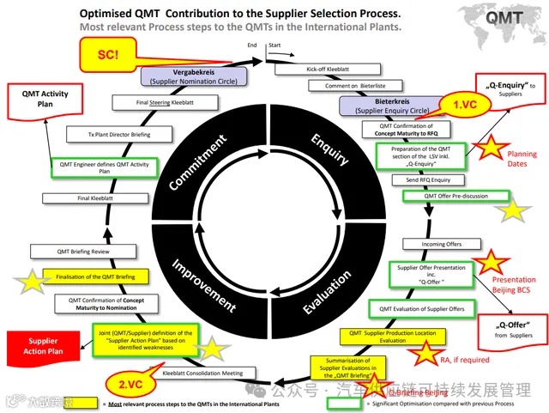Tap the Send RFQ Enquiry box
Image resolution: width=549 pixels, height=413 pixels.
tap(421, 180)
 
